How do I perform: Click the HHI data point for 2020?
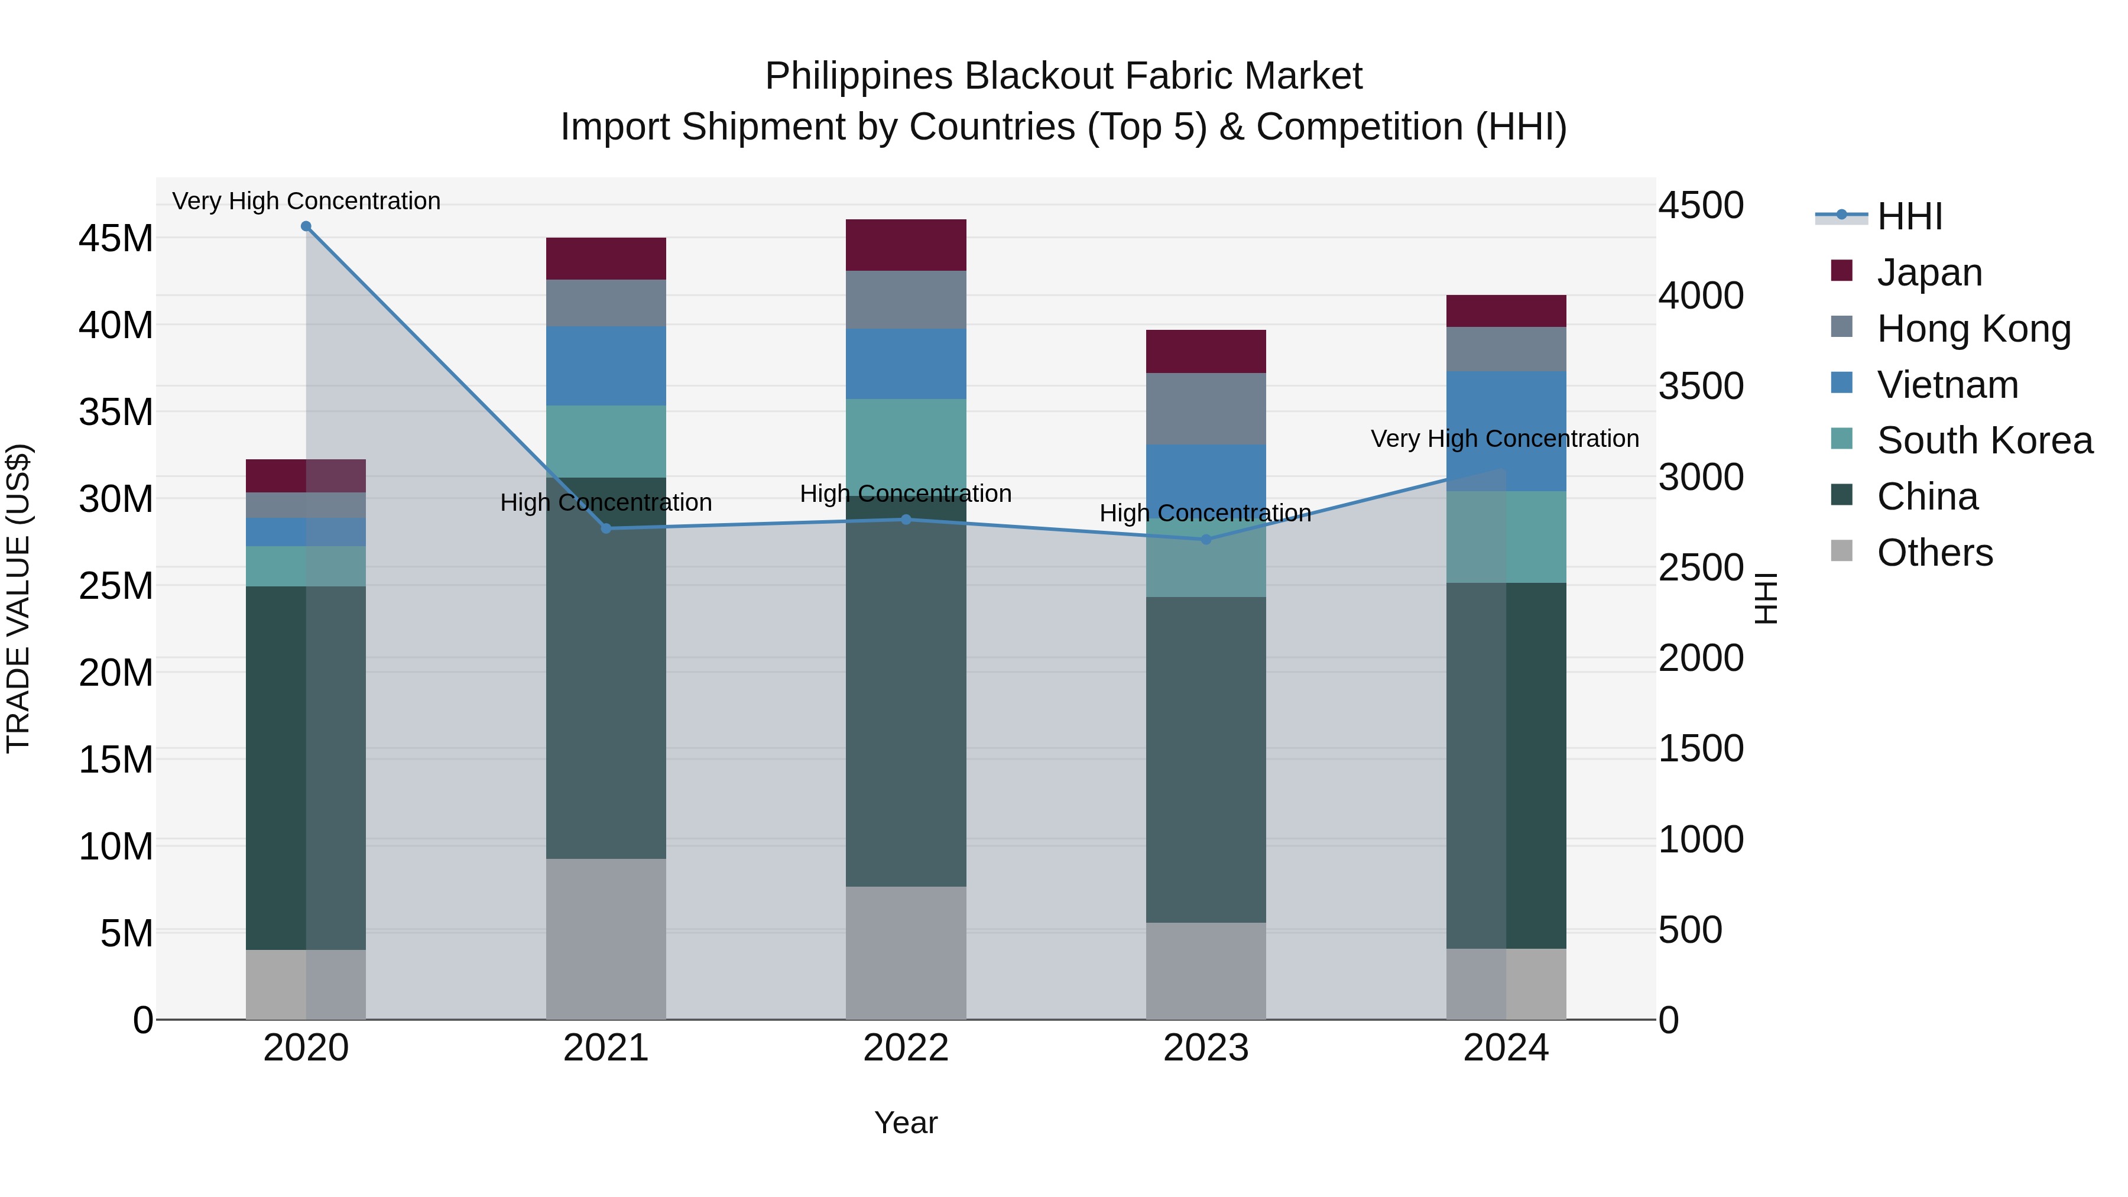coord(306,226)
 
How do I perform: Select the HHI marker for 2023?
coord(1205,540)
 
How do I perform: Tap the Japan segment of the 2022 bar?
coord(906,245)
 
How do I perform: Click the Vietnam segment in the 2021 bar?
coord(605,365)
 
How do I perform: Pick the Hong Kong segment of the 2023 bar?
coord(1205,409)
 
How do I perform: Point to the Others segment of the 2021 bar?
coord(605,939)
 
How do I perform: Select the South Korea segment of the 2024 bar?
coord(1506,537)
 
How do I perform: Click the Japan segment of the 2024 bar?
coord(1506,310)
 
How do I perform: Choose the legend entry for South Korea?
coord(1984,440)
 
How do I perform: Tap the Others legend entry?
coord(1934,553)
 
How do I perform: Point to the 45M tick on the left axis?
coord(116,239)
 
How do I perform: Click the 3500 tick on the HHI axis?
coord(1701,387)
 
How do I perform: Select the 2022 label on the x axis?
coord(906,1048)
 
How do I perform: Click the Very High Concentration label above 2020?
coord(306,201)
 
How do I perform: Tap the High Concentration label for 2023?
coord(1205,513)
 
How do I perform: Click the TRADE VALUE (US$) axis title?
coord(18,598)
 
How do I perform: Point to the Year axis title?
coord(906,1123)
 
